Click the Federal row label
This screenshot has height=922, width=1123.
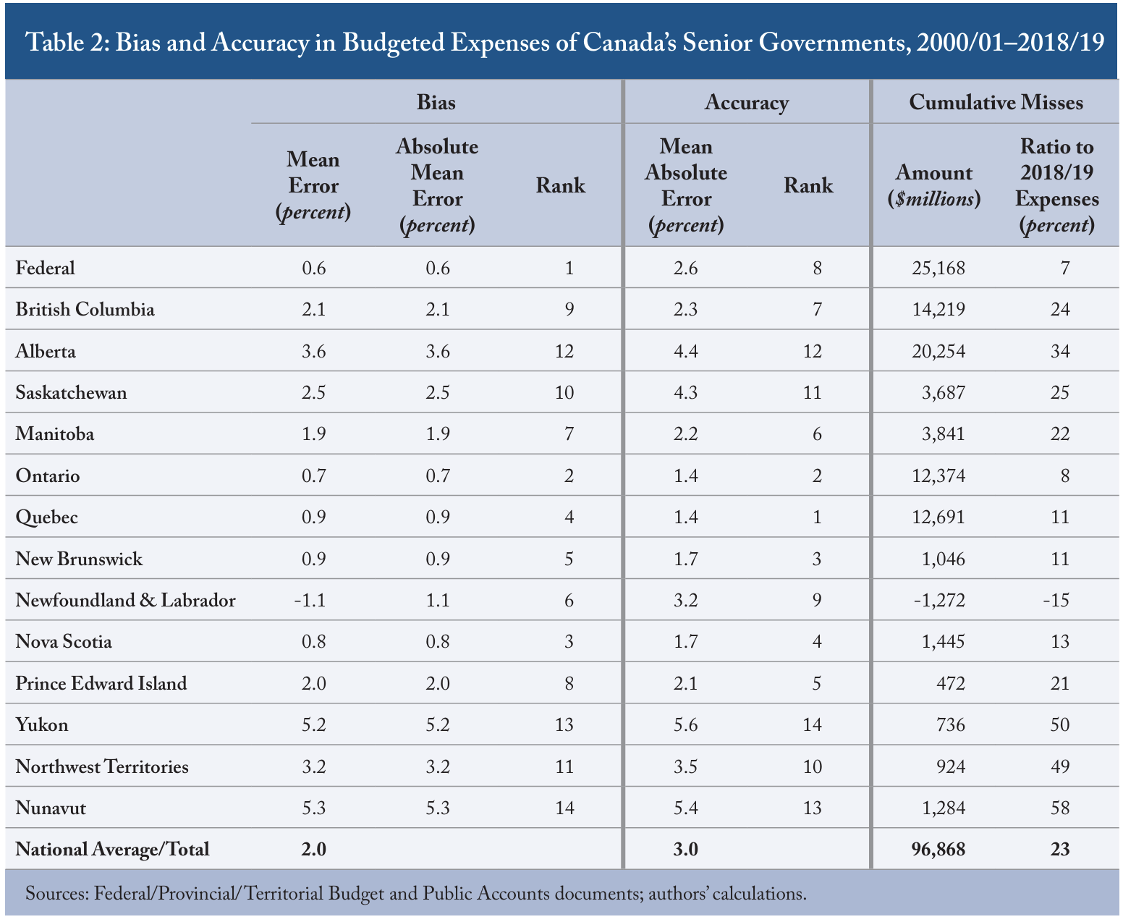[46, 267]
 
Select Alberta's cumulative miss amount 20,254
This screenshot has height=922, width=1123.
[938, 351]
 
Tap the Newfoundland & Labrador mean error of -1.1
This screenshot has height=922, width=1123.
[310, 600]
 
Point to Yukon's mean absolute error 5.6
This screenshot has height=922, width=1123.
[685, 724]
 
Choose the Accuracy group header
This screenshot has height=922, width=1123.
[747, 102]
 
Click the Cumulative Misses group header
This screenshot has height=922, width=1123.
[996, 102]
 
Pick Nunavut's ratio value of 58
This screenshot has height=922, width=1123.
[1059, 808]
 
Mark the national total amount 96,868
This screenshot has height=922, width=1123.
[938, 849]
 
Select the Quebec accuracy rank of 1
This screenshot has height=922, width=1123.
[817, 517]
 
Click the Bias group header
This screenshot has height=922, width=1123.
[436, 102]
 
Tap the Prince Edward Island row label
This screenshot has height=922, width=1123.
[101, 683]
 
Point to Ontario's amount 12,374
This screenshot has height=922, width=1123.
[938, 475]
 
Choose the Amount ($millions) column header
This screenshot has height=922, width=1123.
[934, 185]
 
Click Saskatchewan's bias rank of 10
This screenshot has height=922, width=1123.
[564, 392]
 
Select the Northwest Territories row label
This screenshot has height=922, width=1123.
[102, 766]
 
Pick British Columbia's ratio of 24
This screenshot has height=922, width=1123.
[1059, 310]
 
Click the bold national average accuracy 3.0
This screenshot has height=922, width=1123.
[685, 849]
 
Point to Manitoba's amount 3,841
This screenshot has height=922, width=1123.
[943, 433]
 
